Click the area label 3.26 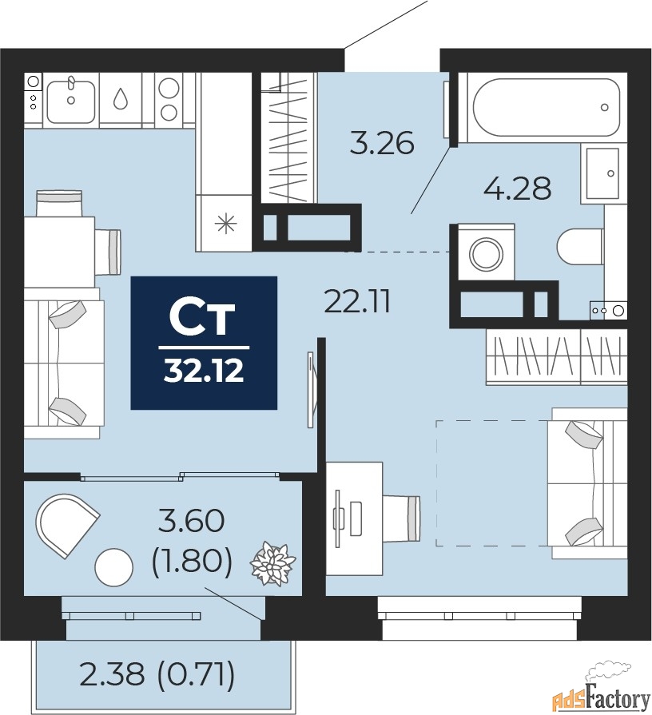[x=382, y=142]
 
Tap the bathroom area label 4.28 [x=518, y=188]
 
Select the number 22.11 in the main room [x=357, y=302]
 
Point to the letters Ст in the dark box [x=202, y=317]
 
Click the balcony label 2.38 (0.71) [x=157, y=674]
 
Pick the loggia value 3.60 [x=192, y=521]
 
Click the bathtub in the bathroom [x=547, y=107]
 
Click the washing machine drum [x=486, y=253]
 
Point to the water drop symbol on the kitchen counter [x=121, y=98]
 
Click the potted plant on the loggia [x=272, y=563]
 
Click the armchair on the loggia [x=67, y=524]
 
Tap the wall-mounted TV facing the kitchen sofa [x=312, y=390]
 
